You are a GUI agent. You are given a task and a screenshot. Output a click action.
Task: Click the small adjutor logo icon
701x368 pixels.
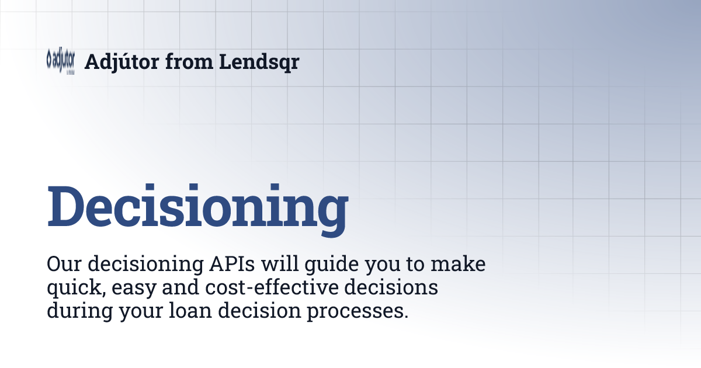(60, 61)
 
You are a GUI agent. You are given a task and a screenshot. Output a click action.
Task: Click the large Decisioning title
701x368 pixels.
(197, 207)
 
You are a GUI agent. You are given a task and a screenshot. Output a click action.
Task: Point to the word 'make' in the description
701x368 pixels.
(459, 264)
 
